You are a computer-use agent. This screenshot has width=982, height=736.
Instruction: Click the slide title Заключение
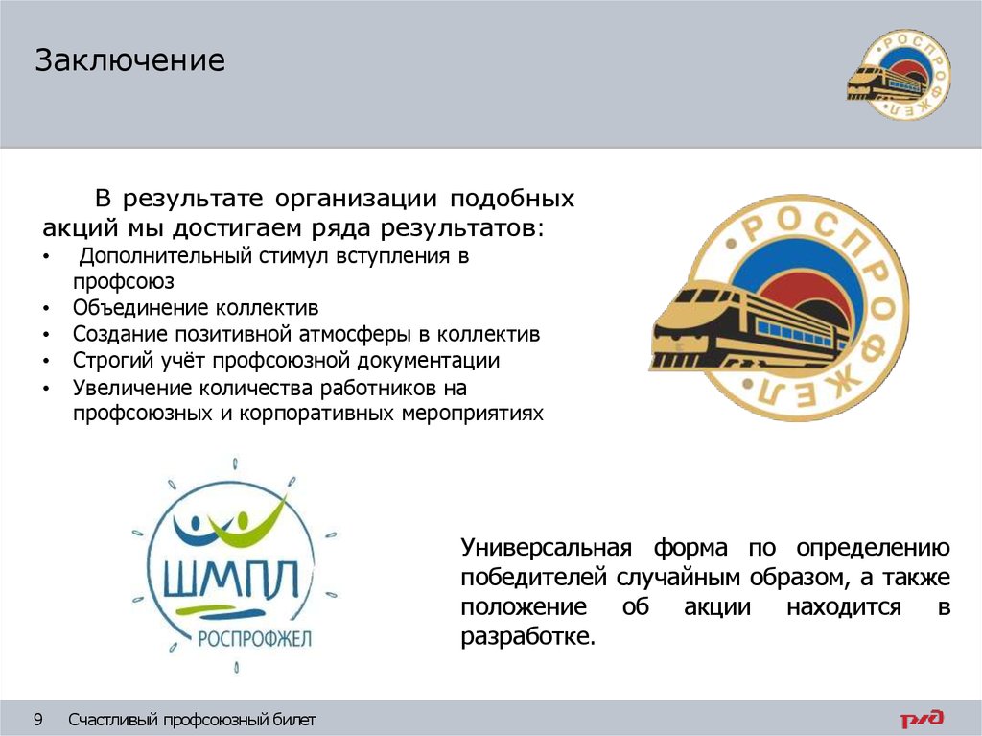point(130,61)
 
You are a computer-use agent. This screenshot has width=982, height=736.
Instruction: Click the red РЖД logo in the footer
point(921,719)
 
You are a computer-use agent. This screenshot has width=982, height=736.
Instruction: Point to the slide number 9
point(39,719)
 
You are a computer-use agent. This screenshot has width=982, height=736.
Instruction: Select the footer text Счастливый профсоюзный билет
point(192,720)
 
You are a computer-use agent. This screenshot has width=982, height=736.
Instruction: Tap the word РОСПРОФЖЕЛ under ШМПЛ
point(254,639)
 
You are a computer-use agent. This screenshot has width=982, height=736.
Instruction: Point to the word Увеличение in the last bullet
point(131,388)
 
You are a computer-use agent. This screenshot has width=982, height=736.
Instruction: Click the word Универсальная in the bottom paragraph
point(546,549)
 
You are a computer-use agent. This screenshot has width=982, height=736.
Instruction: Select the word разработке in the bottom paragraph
point(527,637)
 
